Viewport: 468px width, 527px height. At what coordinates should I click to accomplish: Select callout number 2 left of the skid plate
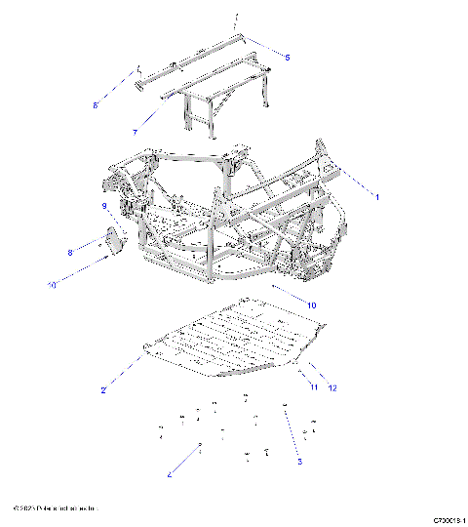point(103,390)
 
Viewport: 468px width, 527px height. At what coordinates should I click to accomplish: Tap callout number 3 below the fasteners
point(299,461)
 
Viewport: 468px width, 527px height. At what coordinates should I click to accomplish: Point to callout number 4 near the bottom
point(170,475)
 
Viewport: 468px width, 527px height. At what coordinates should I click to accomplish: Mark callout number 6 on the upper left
point(96,103)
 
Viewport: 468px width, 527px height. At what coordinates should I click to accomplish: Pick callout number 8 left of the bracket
point(70,253)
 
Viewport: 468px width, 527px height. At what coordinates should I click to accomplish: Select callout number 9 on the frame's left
point(103,206)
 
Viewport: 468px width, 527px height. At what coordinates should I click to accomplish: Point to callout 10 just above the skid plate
point(312,305)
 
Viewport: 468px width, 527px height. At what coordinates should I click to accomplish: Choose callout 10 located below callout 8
point(53,284)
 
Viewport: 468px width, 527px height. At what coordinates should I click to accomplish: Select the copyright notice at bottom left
point(56,509)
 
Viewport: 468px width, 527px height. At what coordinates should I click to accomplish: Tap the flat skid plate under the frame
point(234,342)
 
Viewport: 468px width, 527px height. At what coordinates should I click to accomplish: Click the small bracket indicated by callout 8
point(114,241)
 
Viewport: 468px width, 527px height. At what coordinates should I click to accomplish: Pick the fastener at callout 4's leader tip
point(200,445)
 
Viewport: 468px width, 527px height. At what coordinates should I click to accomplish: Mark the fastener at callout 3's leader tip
point(284,404)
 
